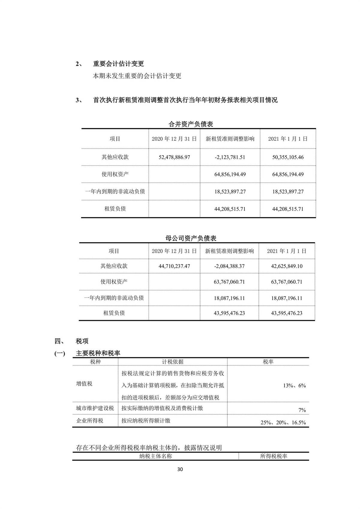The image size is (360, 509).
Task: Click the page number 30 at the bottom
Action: pos(180,469)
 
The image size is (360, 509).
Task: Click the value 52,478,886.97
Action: pos(174,157)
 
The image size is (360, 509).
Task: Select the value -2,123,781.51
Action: pos(230,157)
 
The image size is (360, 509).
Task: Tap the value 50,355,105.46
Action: pos(288,157)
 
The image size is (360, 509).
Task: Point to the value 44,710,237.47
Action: pos(174,266)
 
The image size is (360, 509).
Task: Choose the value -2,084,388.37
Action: pos(229,266)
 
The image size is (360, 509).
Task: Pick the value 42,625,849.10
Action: pos(286,266)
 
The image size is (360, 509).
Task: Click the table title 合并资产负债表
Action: pos(191,124)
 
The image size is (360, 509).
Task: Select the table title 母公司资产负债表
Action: pos(191,239)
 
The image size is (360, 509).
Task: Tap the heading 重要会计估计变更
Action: pos(118,64)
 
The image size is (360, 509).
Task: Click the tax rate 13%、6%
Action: pos(294,386)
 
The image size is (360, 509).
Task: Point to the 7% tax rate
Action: pos(302,410)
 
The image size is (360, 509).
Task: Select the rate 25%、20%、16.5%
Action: pos(283,423)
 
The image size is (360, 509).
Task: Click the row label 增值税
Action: pos(84,384)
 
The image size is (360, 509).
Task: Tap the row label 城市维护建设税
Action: pos(95,408)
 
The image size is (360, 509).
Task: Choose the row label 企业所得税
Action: pos(90,421)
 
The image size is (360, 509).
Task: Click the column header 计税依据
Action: pos(172,362)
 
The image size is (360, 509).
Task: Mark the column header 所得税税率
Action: pos(274,456)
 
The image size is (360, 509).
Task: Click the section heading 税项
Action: pos(82,341)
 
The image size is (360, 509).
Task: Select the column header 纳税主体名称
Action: pos(156,456)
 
